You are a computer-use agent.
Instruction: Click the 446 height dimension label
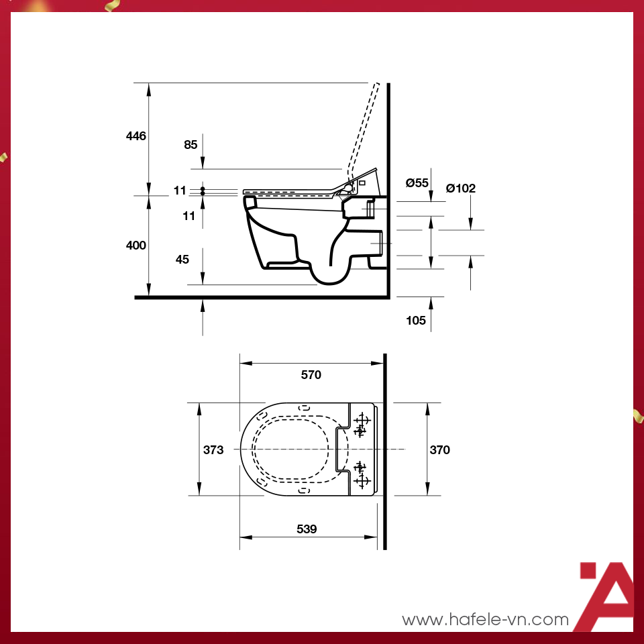136,136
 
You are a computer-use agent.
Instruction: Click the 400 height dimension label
136,246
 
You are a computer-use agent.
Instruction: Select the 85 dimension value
191,144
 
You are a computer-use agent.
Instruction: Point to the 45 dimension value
182,259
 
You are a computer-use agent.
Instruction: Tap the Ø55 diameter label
417,182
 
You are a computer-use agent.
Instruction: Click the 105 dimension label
416,321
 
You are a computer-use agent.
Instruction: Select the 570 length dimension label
311,375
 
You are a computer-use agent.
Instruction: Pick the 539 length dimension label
307,529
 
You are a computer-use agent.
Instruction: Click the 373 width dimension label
213,450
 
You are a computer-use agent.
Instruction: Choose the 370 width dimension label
439,450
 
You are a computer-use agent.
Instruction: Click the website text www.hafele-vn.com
485,620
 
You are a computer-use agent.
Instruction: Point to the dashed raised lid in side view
362,127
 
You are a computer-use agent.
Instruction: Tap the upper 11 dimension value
179,191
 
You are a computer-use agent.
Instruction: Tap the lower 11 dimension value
189,216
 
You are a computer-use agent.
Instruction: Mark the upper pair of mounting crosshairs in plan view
362,425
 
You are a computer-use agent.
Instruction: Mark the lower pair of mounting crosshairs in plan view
362,474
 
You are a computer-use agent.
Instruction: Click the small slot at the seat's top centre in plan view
303,407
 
